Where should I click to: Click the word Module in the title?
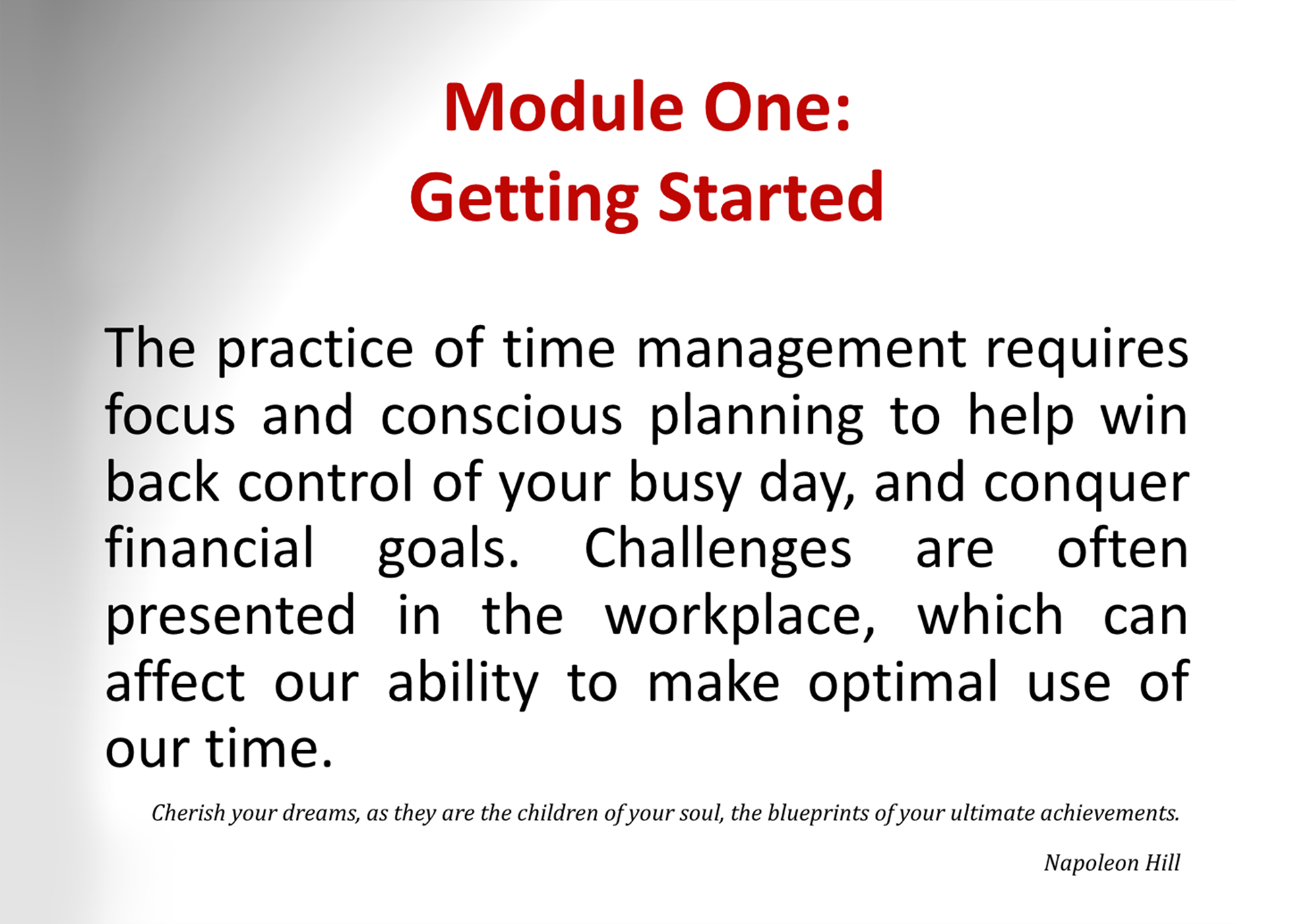(563, 107)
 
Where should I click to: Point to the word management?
(801, 351)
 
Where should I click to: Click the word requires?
(1086, 351)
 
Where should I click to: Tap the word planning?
(756, 419)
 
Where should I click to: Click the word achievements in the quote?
(1110, 813)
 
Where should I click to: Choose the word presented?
(230, 616)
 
